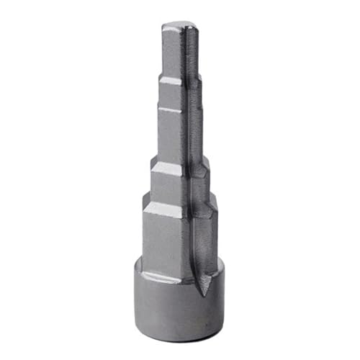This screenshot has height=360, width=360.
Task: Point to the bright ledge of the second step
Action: pyautogui.click(x=171, y=81)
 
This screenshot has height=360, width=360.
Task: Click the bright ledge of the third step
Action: pyautogui.click(x=169, y=110)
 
